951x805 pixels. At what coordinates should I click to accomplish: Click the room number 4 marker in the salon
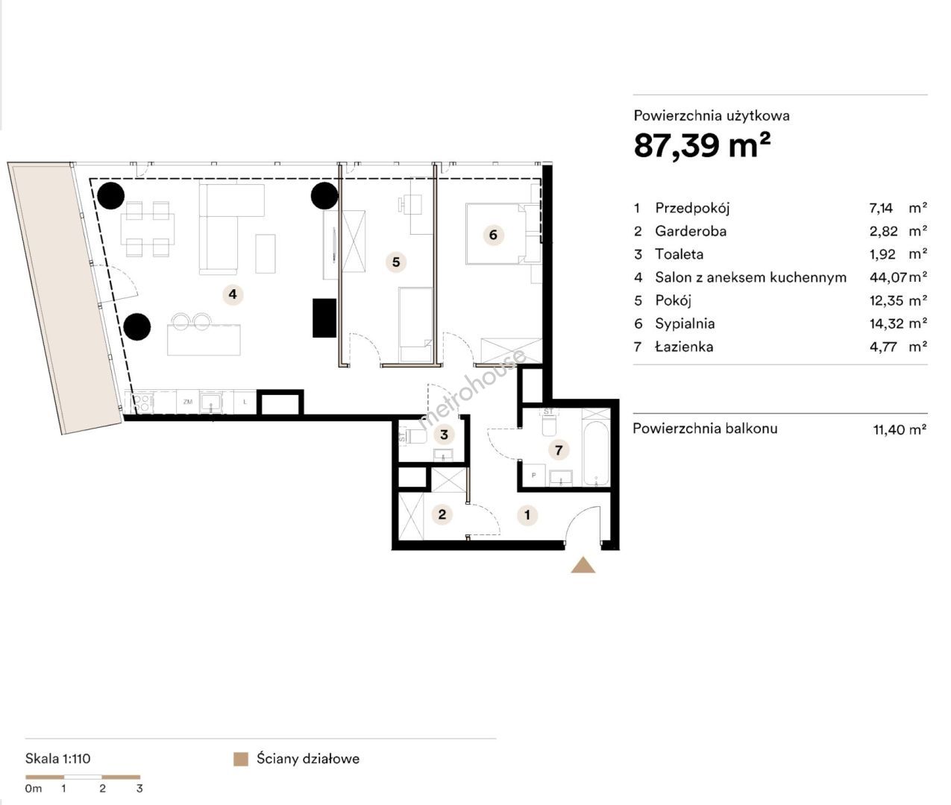233,294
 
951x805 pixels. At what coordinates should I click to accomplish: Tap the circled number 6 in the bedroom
493,235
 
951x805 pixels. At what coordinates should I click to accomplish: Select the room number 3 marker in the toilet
444,435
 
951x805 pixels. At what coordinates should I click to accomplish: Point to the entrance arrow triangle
583,565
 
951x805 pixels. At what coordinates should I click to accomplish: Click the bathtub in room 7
596,453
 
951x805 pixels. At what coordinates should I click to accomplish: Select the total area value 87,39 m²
702,145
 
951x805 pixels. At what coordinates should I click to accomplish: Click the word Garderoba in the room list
691,231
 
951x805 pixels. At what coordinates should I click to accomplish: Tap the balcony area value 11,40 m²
900,429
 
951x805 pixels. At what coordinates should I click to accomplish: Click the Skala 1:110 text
58,759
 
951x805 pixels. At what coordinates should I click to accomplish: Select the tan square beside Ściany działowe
241,759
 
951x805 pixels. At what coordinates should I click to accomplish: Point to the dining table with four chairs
148,229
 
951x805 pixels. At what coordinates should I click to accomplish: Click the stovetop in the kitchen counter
141,402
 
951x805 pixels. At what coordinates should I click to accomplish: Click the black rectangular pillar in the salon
324,318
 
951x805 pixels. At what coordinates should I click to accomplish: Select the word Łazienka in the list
684,347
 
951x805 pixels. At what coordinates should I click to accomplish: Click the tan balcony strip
64,297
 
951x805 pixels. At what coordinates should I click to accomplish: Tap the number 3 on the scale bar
139,789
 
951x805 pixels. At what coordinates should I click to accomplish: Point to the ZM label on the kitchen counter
188,402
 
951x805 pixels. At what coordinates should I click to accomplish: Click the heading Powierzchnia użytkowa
712,116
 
